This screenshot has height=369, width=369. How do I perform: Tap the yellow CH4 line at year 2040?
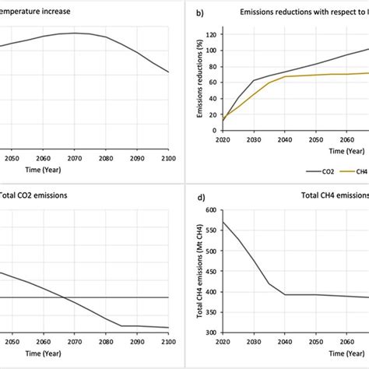pos(286,76)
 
